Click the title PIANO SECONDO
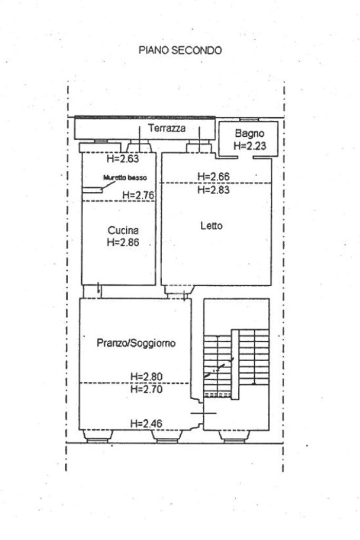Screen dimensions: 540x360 tap(180, 51)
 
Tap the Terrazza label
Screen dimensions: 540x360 tap(166, 128)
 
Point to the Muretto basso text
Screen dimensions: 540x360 tap(125, 178)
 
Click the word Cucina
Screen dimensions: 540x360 tap(123, 230)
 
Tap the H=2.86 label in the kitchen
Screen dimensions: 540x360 tap(123, 243)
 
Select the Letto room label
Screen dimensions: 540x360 tap(211, 226)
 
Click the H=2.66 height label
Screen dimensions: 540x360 tap(213, 177)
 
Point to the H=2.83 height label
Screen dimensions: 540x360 tap(213, 190)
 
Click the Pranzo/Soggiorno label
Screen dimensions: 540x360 tap(136, 343)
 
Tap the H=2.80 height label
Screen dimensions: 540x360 tap(147, 377)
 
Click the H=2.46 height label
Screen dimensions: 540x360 tap(145, 423)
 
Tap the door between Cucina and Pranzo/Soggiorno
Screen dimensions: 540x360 tap(92, 291)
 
